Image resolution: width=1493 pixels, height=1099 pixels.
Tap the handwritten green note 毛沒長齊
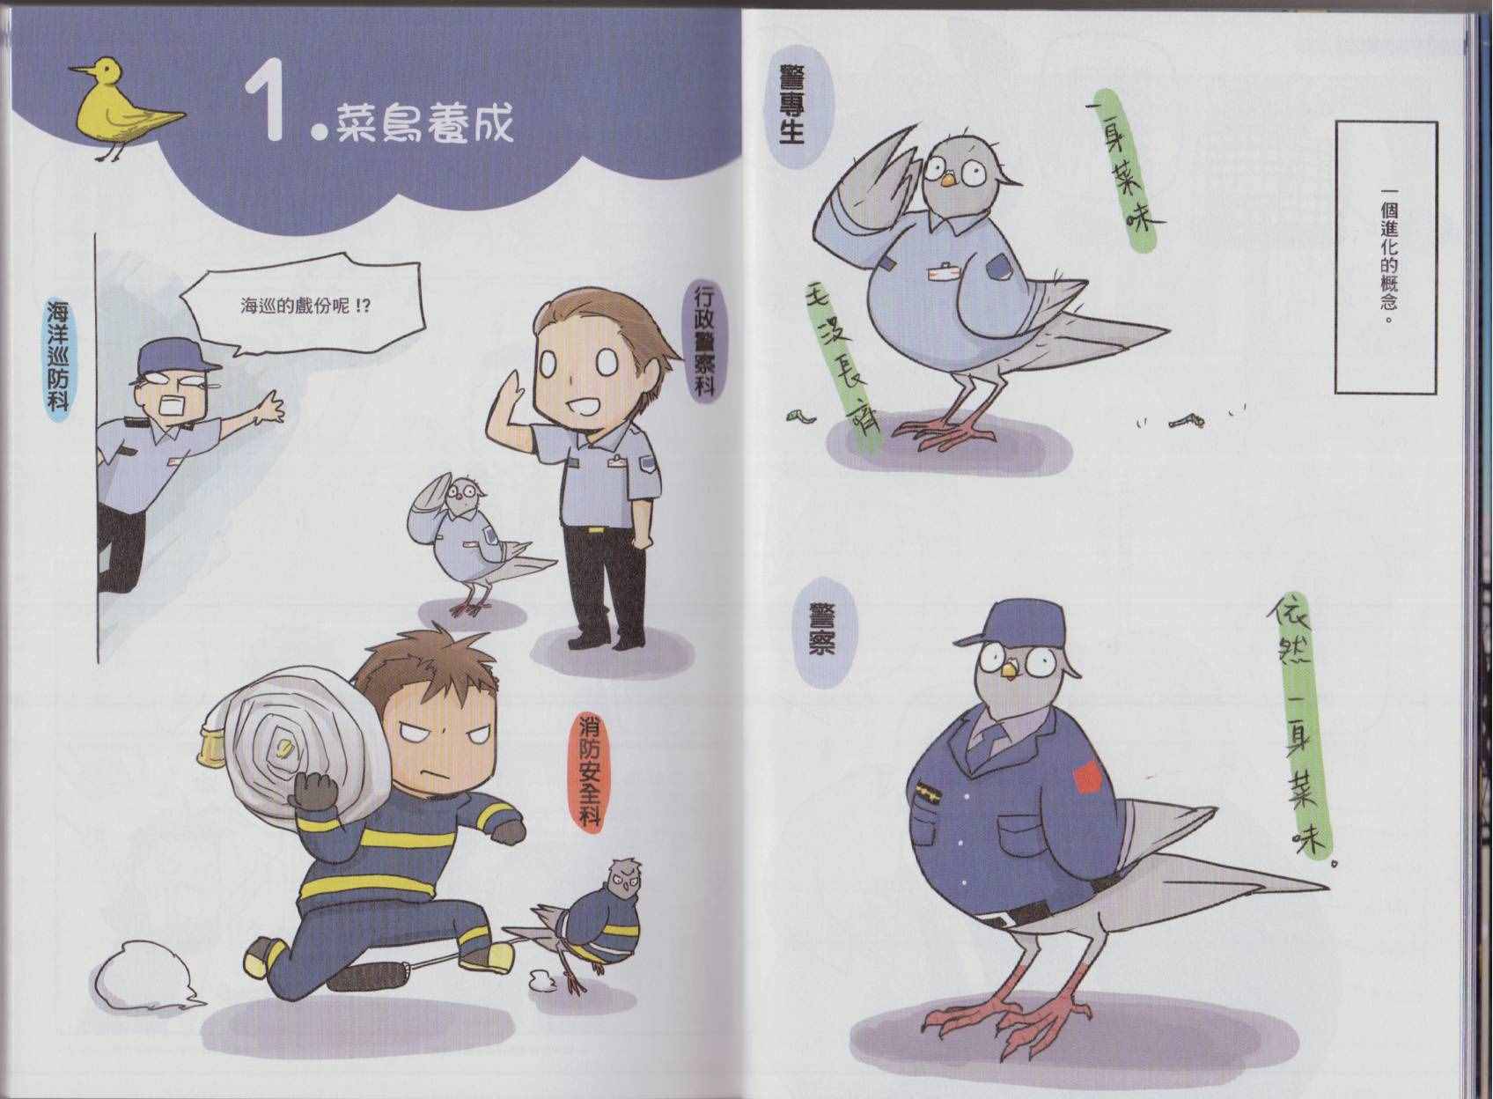843,365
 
